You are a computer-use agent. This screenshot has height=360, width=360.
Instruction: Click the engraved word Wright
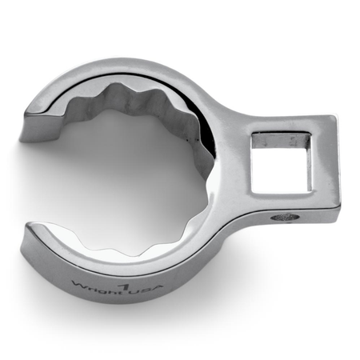(x=98, y=286)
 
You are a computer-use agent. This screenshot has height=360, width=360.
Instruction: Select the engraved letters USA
(x=147, y=289)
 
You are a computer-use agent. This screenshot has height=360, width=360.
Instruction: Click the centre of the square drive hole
(x=282, y=162)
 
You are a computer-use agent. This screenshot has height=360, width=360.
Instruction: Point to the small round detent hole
(x=284, y=217)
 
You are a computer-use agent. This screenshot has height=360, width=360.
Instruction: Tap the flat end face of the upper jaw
(x=40, y=127)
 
